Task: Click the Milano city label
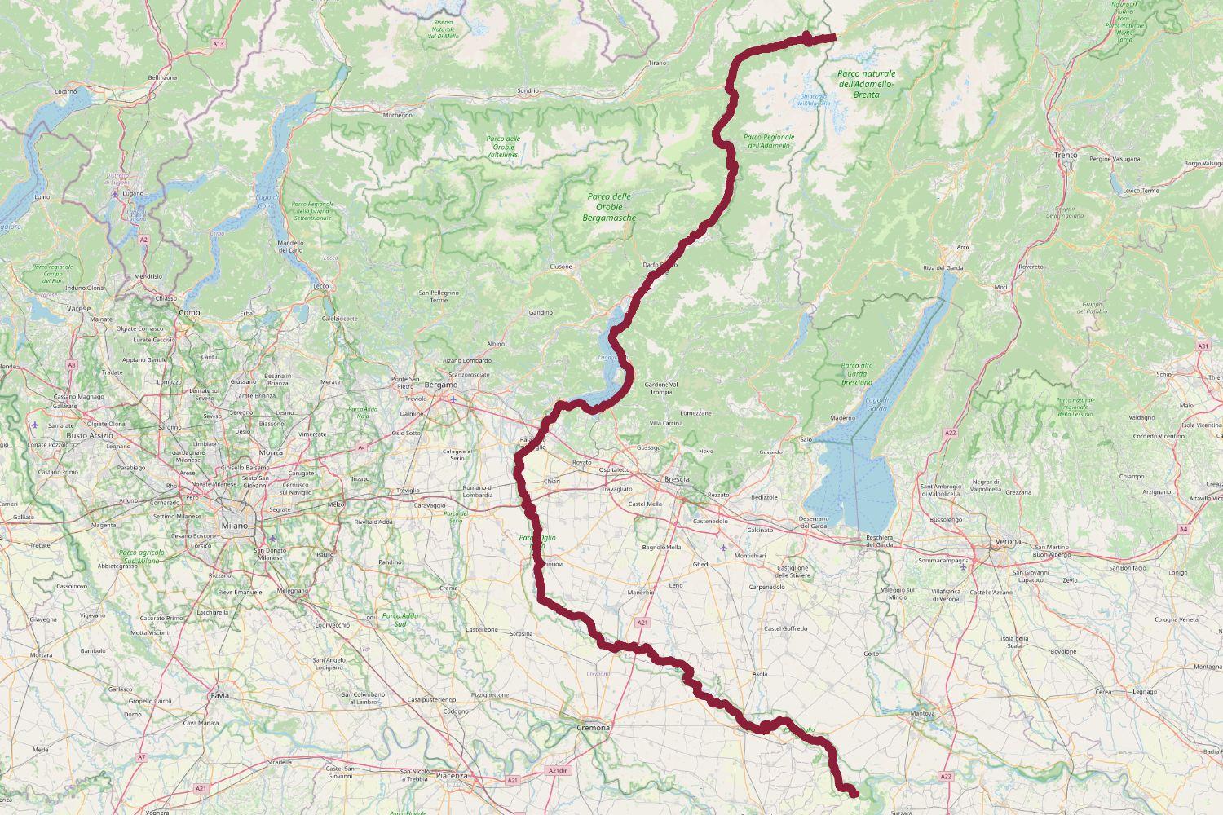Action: click(x=234, y=526)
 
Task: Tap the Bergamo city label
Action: click(x=441, y=385)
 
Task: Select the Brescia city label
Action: click(x=677, y=479)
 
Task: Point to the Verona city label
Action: click(x=1008, y=542)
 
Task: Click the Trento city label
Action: click(x=1066, y=155)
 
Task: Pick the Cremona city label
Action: click(x=593, y=728)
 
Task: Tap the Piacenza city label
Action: click(x=452, y=776)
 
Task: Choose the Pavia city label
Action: click(x=220, y=695)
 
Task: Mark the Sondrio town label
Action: click(x=528, y=91)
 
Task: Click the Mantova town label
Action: click(x=922, y=714)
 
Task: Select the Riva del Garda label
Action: click(x=943, y=268)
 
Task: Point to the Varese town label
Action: click(x=79, y=309)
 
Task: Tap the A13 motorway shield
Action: click(x=218, y=44)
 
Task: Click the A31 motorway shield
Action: click(x=1203, y=346)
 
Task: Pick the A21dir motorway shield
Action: click(x=558, y=770)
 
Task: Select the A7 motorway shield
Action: click(x=142, y=757)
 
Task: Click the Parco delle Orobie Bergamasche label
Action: click(x=609, y=207)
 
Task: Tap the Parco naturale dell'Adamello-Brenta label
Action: click(x=866, y=84)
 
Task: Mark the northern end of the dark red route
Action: click(x=835, y=37)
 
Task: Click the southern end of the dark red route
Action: click(x=854, y=793)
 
